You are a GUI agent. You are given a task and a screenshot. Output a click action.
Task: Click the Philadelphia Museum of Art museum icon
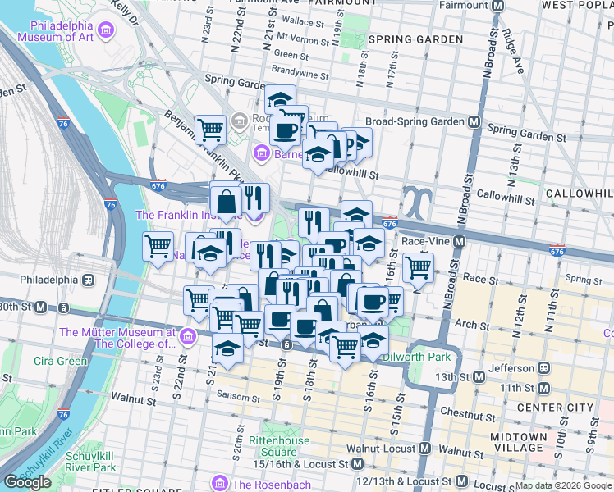(x=104, y=32)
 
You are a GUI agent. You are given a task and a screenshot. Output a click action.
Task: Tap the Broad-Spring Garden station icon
(x=474, y=121)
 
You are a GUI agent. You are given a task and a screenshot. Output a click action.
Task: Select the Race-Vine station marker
(x=459, y=242)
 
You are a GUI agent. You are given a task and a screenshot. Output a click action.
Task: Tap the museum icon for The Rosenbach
(x=218, y=484)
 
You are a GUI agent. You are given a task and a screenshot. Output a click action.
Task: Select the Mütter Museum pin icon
(x=187, y=337)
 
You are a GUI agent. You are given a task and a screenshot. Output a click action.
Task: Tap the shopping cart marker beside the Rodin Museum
(x=211, y=129)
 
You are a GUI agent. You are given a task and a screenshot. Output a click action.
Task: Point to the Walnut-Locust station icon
(x=425, y=449)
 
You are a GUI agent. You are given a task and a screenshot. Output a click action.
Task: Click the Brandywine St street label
(x=299, y=75)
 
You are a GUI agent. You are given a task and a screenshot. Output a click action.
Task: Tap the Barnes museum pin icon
(x=261, y=153)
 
